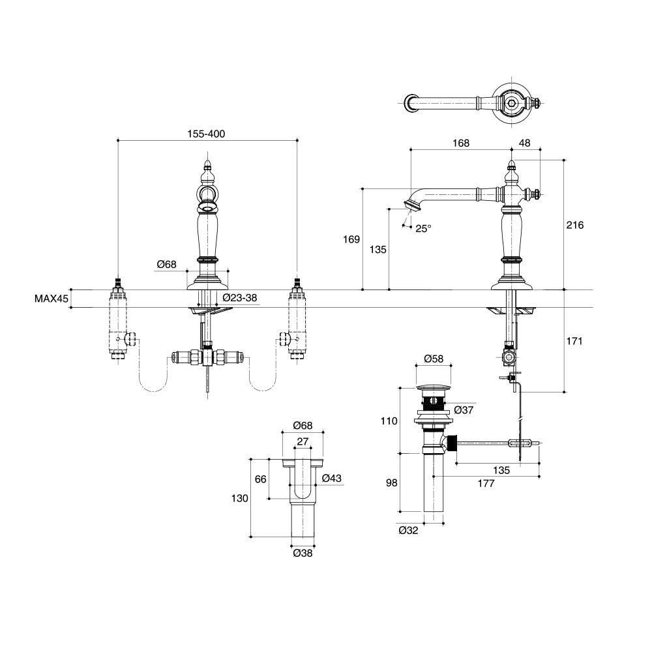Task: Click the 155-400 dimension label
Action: tap(207, 133)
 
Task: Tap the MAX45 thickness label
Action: tap(52, 299)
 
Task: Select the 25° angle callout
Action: tap(424, 228)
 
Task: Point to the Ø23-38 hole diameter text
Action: tap(240, 298)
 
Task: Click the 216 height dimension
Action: tap(574, 225)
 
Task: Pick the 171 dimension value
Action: tap(574, 341)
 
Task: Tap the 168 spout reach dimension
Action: tap(460, 143)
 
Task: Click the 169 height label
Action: tap(351, 239)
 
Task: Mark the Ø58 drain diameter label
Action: tap(434, 359)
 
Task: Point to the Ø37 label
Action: tap(463, 409)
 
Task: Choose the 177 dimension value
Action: tap(486, 483)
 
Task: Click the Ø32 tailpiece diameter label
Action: tap(408, 530)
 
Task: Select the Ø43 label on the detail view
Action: tap(332, 479)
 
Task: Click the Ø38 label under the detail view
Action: tap(303, 553)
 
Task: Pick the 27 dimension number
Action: tap(302, 441)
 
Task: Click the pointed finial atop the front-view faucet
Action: tap(207, 162)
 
